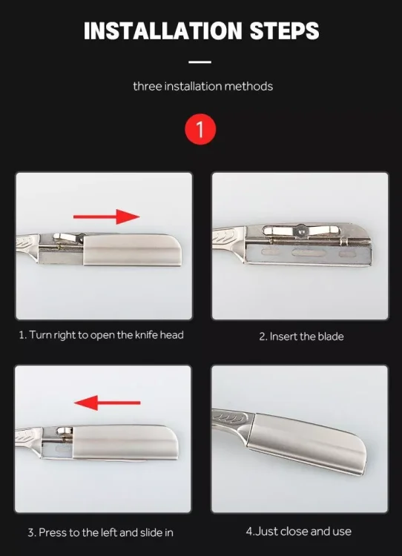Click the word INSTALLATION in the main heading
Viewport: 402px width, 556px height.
click(x=163, y=30)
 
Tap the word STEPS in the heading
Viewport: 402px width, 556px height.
click(x=285, y=30)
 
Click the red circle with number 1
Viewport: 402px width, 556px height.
click(x=200, y=129)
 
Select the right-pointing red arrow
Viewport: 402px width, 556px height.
click(x=107, y=216)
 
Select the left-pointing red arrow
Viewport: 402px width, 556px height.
click(x=107, y=403)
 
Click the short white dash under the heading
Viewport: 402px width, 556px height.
click(x=200, y=62)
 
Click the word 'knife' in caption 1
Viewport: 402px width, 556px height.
click(x=146, y=335)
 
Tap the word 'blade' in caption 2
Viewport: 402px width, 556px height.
click(x=331, y=336)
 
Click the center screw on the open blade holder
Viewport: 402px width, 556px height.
click(x=301, y=231)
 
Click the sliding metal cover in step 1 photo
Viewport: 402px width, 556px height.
click(x=132, y=250)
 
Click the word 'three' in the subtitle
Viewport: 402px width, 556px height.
click(x=147, y=86)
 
